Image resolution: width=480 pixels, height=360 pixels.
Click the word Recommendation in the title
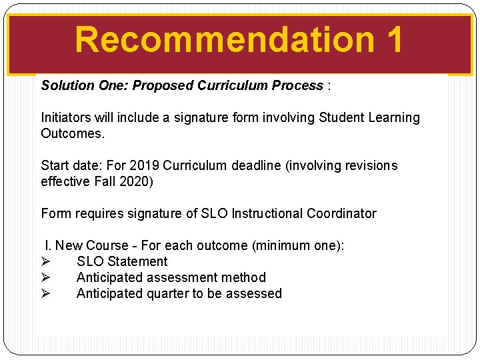[x=225, y=39]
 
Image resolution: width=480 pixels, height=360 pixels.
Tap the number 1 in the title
[x=394, y=39]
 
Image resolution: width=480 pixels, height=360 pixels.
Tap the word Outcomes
[x=73, y=133]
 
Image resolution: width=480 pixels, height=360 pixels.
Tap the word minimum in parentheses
[x=282, y=245]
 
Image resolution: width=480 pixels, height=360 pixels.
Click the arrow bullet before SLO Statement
[x=45, y=261]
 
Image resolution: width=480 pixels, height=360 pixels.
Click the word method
[x=245, y=277]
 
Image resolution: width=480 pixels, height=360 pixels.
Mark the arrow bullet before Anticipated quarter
[x=45, y=293]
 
